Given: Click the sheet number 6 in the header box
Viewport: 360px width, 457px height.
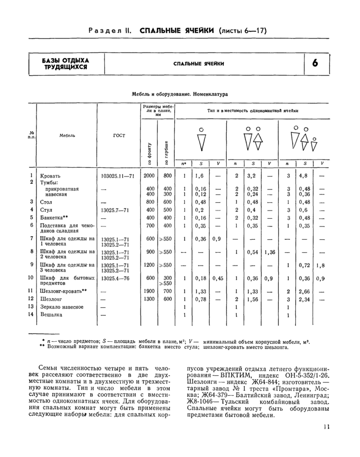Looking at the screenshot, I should tap(315, 63).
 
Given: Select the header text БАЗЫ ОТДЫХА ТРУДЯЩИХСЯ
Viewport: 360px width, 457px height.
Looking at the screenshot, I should tap(65, 63).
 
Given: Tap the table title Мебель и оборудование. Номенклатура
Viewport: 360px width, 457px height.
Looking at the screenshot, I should tap(179, 95).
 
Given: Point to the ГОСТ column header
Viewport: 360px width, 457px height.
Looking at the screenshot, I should tap(119, 135).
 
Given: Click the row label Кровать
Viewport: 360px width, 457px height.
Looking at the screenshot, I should tap(50, 175).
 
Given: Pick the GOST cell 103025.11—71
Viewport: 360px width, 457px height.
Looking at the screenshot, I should tap(117, 175).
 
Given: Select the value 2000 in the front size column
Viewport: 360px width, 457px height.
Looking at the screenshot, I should tap(149, 175).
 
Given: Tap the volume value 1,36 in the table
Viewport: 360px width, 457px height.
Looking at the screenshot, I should tap(269, 252).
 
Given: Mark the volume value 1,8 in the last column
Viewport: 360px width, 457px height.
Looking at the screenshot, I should tap(320, 266).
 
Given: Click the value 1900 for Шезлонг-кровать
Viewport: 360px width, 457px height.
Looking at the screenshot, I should tap(149, 291).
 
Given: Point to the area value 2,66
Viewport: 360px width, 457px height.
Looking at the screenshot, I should tap(304, 291).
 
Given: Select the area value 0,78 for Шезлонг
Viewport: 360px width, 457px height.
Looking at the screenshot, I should tap(201, 299).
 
